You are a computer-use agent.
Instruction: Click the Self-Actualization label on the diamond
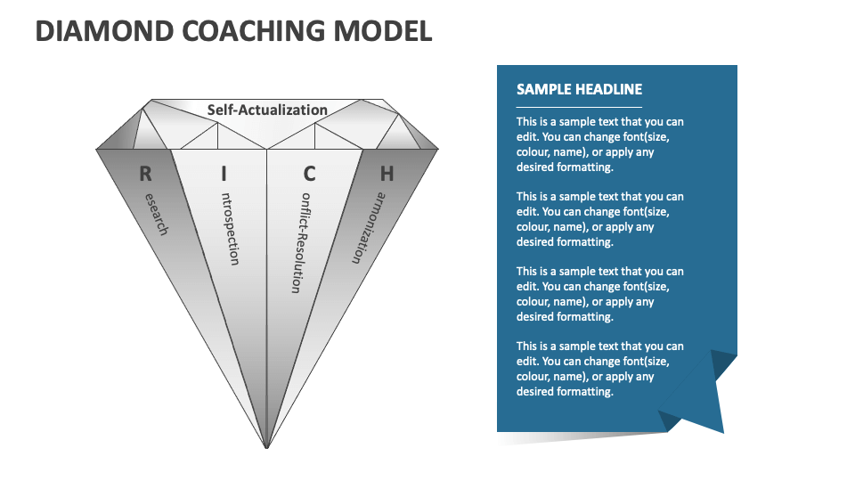(x=267, y=110)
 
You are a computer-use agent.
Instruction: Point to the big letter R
(x=144, y=173)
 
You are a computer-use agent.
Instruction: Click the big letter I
(x=224, y=173)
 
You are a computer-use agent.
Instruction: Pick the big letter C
(x=310, y=173)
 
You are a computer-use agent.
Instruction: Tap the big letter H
(x=387, y=173)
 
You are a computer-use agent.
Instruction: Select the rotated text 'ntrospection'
(x=229, y=228)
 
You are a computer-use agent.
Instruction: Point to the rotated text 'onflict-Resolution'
(x=300, y=242)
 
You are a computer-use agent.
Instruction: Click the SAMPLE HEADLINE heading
(x=579, y=89)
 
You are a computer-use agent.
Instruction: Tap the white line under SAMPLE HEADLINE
(x=579, y=107)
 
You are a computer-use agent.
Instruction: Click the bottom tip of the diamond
(x=266, y=444)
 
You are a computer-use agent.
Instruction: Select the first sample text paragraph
(x=600, y=144)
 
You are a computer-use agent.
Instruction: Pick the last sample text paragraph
(x=600, y=369)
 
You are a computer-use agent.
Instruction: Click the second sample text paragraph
(x=600, y=219)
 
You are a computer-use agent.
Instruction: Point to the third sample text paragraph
(x=600, y=294)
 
